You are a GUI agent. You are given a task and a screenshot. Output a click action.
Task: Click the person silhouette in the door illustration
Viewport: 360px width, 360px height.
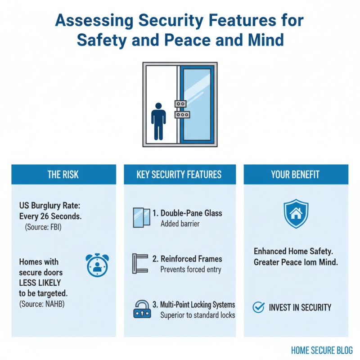tap(158, 121)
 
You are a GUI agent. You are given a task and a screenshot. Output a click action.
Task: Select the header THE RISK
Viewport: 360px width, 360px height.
tap(63, 175)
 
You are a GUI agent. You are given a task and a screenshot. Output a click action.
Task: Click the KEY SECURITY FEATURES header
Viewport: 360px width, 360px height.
tap(179, 175)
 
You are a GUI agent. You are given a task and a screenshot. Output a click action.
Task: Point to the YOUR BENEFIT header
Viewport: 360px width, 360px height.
tap(296, 175)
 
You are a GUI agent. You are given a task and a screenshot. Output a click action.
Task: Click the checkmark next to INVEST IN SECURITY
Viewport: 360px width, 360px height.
tap(258, 307)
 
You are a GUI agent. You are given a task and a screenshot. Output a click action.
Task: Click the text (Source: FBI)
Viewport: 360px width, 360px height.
tap(43, 227)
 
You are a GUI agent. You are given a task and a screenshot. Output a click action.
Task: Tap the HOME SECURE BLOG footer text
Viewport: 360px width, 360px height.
tap(322, 350)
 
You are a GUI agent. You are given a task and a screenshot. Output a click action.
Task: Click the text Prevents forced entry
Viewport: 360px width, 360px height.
tap(190, 270)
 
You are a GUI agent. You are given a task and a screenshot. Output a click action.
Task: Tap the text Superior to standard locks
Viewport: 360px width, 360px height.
tap(198, 315)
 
